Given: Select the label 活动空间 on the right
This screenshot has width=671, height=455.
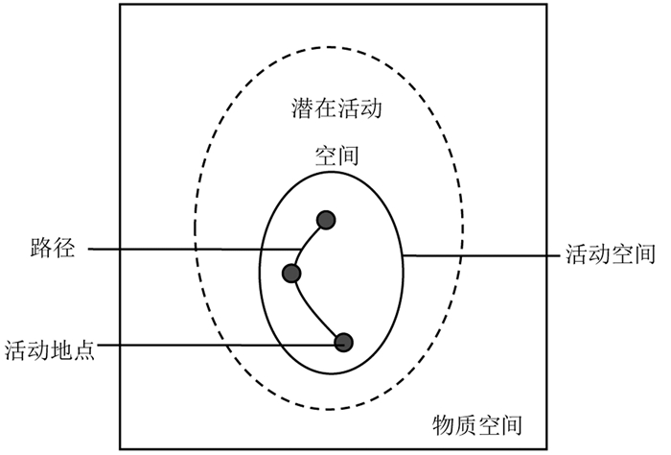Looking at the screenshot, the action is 610,254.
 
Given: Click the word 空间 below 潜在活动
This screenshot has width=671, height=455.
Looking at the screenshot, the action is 336,155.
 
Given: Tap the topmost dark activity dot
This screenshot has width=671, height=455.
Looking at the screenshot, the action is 326,220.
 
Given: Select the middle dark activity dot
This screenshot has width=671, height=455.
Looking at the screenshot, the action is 292,274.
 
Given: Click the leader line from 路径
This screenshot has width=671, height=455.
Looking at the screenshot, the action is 192,251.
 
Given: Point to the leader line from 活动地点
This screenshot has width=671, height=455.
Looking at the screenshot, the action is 220,346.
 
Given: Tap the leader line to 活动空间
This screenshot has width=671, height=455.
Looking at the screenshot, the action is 479,255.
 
